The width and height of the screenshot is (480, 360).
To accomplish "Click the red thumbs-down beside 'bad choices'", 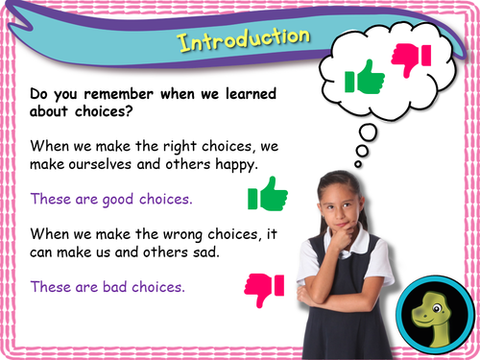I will pos(265,285).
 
